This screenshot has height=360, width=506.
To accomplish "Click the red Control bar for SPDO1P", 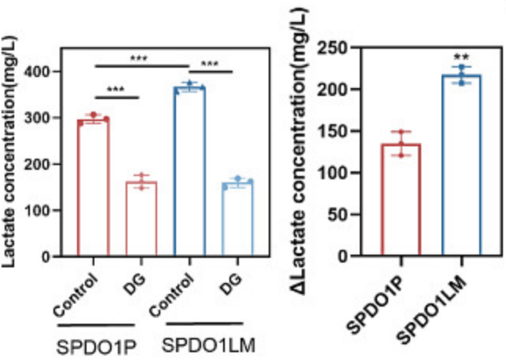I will pos(93,189).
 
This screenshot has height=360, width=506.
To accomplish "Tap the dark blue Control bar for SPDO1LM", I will pos(189,173).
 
